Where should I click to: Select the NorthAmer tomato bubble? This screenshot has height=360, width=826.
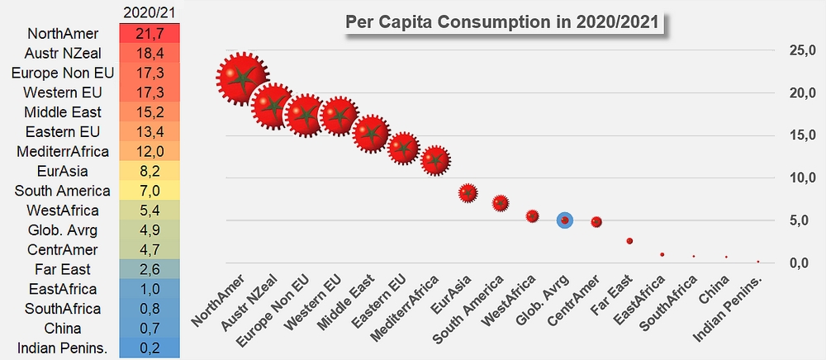pyautogui.click(x=242, y=78)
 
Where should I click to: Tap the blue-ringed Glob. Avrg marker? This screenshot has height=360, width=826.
pyautogui.click(x=565, y=220)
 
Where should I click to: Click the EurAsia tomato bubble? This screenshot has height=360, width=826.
pyautogui.click(x=468, y=193)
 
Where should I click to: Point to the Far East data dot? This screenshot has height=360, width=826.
pyautogui.click(x=629, y=241)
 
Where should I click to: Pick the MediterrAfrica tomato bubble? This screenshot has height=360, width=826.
pyautogui.click(x=435, y=160)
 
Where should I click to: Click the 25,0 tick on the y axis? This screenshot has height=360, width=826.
pyautogui.click(x=802, y=50)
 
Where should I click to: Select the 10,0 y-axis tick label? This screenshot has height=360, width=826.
pyautogui.click(x=802, y=178)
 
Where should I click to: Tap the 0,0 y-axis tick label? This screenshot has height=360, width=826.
pyautogui.click(x=802, y=263)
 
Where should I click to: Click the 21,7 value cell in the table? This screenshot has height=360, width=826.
pyautogui.click(x=150, y=33)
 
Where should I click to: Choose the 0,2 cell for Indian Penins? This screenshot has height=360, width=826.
pyautogui.click(x=150, y=348)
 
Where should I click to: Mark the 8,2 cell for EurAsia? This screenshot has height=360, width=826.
pyautogui.click(x=150, y=171)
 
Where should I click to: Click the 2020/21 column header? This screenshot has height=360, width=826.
pyautogui.click(x=150, y=12)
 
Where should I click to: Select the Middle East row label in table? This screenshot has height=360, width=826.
pyautogui.click(x=63, y=112)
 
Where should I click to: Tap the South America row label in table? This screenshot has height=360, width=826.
pyautogui.click(x=63, y=191)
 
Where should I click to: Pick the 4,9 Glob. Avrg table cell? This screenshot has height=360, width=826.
pyautogui.click(x=150, y=230)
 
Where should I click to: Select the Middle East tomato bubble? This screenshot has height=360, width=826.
pyautogui.click(x=372, y=134)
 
